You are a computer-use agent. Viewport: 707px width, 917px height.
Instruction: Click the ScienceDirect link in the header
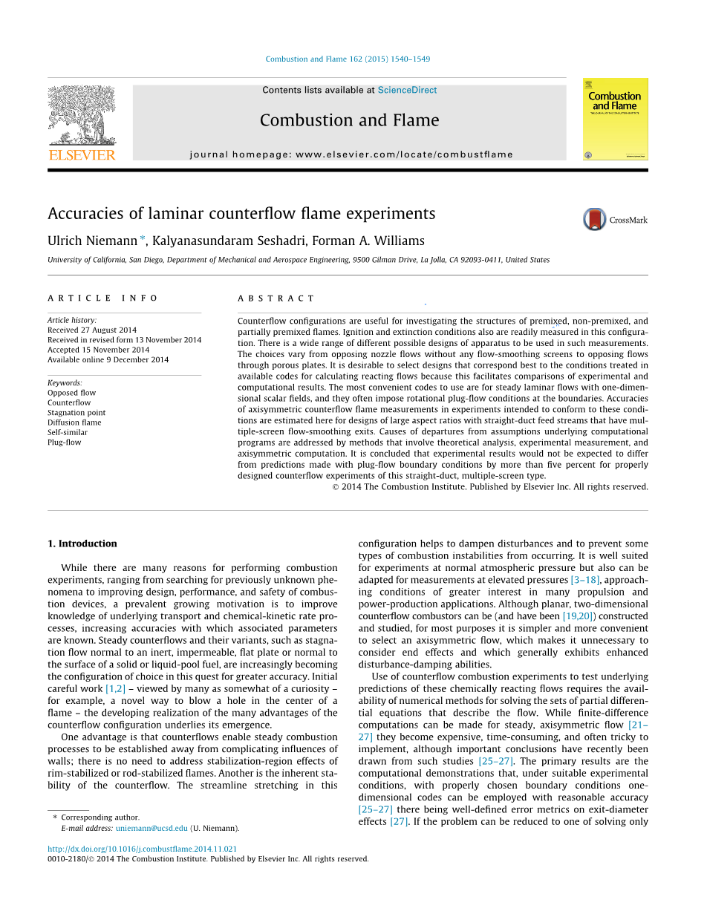407,91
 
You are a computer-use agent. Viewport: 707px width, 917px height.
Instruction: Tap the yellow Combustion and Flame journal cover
615,119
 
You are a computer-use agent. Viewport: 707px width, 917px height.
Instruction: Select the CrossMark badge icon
595,219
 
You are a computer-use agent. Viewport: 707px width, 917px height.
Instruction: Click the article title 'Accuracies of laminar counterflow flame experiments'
241,214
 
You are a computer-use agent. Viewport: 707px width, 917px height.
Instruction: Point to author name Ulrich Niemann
92,241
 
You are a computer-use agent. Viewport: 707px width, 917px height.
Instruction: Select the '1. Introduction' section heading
82,544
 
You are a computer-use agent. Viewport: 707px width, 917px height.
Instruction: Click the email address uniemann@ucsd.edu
151,828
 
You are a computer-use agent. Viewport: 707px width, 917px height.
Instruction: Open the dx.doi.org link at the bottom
143,849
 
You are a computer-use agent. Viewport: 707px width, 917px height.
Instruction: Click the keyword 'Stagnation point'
76,413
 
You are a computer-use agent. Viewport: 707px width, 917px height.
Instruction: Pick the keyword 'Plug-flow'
65,443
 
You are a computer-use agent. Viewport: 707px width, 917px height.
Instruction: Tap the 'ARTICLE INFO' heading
103,298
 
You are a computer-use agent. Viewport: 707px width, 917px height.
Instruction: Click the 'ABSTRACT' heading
276,298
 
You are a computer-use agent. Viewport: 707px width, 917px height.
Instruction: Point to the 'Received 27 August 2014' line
92,330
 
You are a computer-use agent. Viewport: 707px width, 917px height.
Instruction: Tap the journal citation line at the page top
348,59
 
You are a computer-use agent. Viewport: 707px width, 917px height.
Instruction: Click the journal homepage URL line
351,154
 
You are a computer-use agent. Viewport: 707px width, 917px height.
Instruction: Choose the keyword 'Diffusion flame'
74,422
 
